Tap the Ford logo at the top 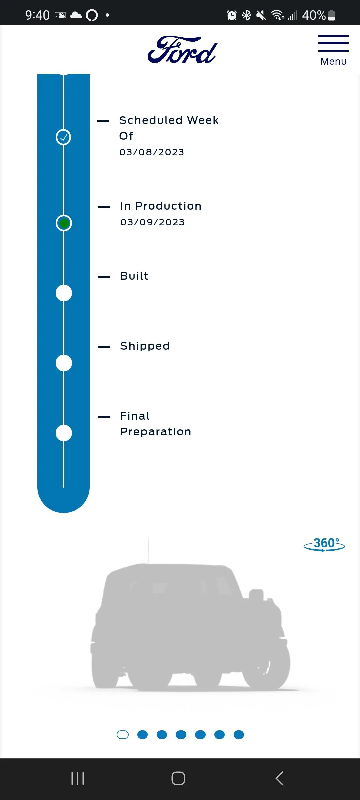pyautogui.click(x=182, y=50)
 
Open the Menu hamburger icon pyautogui.click(x=333, y=43)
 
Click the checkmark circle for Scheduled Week pyautogui.click(x=63, y=137)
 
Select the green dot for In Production pyautogui.click(x=64, y=223)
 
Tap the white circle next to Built pyautogui.click(x=64, y=293)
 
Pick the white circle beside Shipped pyautogui.click(x=64, y=363)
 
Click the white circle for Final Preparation pyautogui.click(x=64, y=433)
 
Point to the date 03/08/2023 pyautogui.click(x=152, y=152)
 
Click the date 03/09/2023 pyautogui.click(x=152, y=222)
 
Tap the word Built pyautogui.click(x=134, y=276)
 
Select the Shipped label pyautogui.click(x=145, y=346)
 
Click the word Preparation pyautogui.click(x=156, y=432)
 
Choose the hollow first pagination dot pyautogui.click(x=123, y=735)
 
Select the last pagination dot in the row pyautogui.click(x=239, y=735)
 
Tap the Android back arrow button pyautogui.click(x=280, y=778)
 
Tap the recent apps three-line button pyautogui.click(x=78, y=778)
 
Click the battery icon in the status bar pyautogui.click(x=331, y=15)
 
